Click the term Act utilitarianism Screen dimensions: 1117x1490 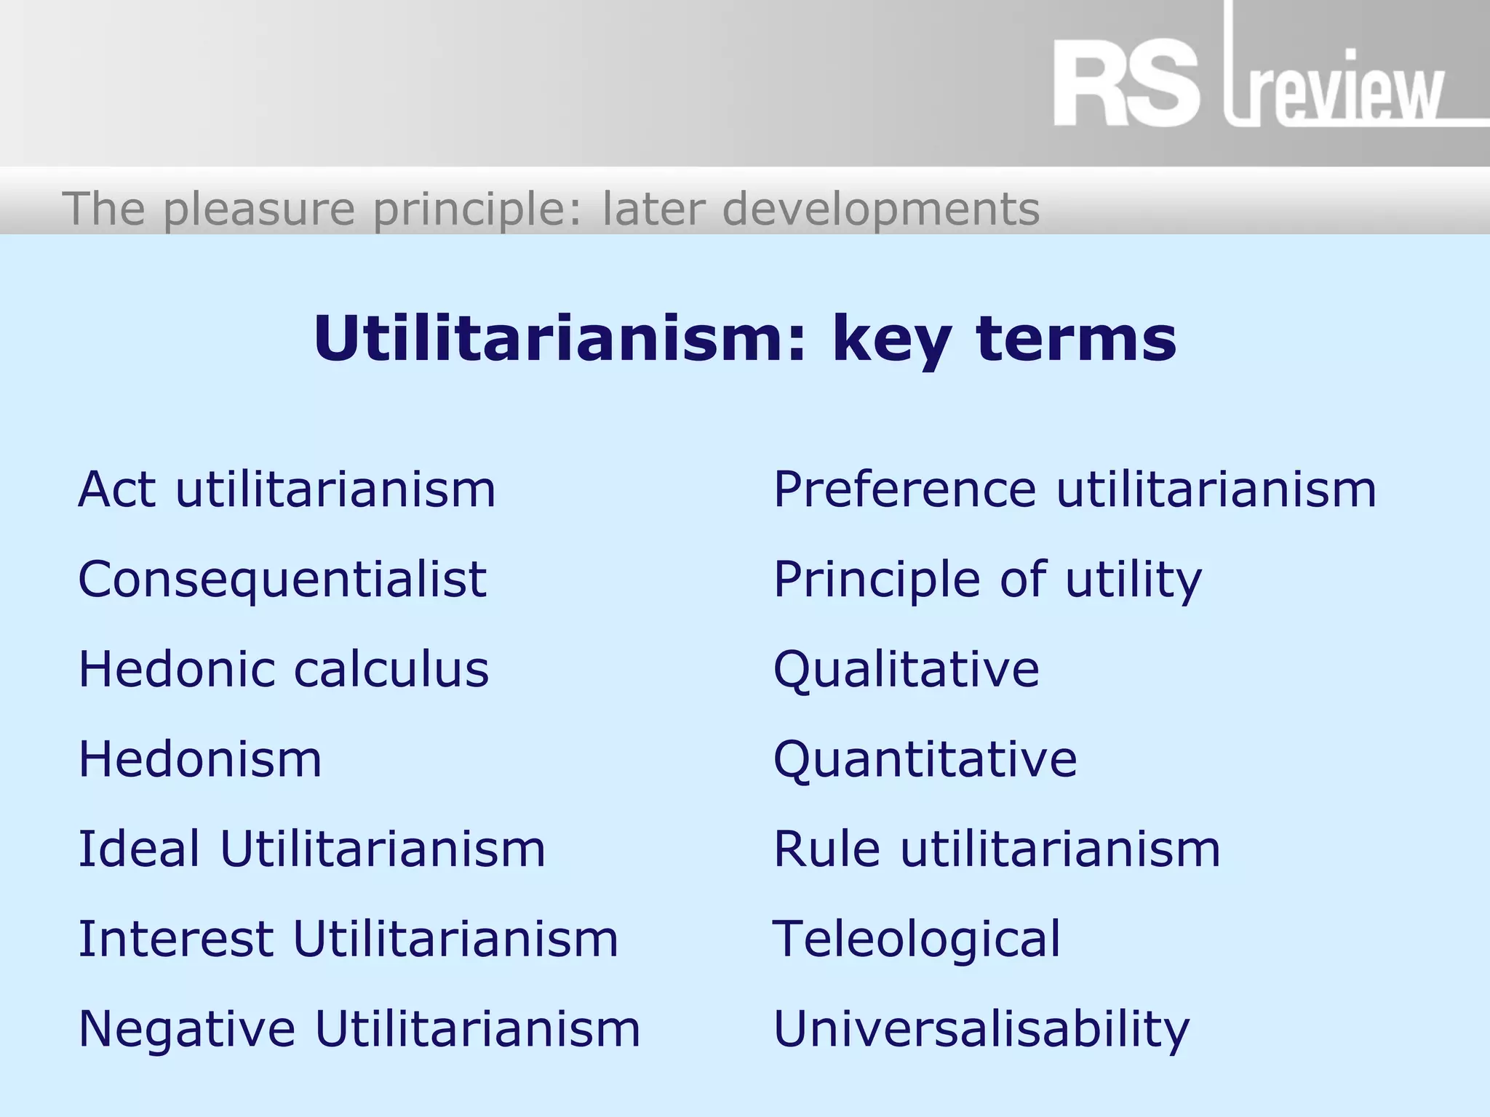tap(287, 489)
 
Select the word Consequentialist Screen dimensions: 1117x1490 tap(282, 580)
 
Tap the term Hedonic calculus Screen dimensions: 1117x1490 tap(284, 669)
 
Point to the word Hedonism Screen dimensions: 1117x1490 tap(200, 759)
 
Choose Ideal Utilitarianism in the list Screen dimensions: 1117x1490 tap(311, 849)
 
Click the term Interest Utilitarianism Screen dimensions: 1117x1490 tap(348, 938)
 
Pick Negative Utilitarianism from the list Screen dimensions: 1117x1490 tap(359, 1028)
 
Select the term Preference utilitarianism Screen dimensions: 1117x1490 tap(1075, 489)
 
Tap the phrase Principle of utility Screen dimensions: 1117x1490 tap(987, 580)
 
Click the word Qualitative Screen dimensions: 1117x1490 tap(906, 669)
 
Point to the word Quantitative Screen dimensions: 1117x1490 tap(925, 759)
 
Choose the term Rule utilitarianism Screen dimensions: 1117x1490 tap(997, 849)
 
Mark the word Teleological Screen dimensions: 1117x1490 tap(917, 938)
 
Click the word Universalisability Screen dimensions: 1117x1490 tap(981, 1028)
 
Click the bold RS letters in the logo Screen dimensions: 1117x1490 tap(1125, 85)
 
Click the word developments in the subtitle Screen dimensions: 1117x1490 tap(881, 209)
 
